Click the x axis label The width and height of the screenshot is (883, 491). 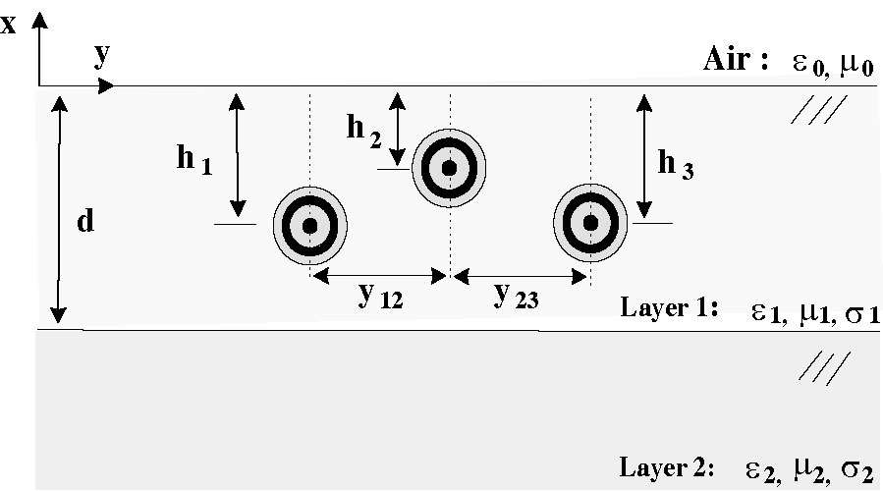point(9,24)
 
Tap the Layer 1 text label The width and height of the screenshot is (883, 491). point(667,307)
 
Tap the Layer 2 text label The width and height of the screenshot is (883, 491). point(667,464)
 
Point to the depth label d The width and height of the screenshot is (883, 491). point(85,222)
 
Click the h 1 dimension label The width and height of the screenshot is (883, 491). point(193,161)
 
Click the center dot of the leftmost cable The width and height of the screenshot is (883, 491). point(310,225)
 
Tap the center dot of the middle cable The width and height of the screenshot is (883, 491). point(449,168)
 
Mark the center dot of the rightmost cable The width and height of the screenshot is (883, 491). point(590,224)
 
